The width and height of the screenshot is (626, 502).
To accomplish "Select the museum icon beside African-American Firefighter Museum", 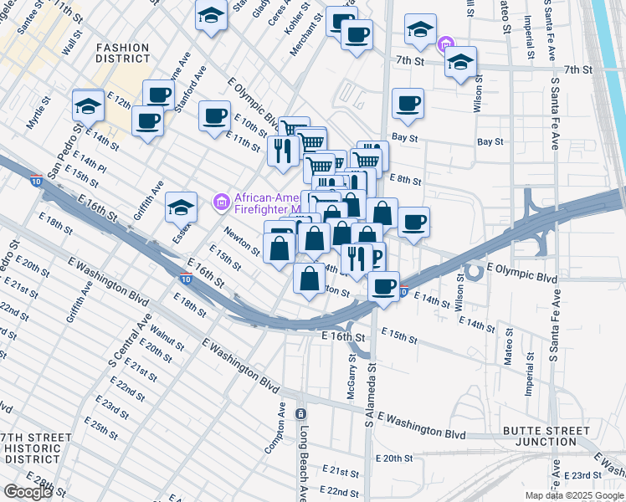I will click(x=221, y=201).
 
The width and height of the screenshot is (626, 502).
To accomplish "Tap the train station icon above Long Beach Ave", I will click(x=300, y=414).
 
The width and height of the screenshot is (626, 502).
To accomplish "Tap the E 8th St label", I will click(x=406, y=178).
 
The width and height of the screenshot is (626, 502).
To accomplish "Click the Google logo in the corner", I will click(x=27, y=492).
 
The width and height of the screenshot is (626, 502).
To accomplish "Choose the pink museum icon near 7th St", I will click(x=446, y=43).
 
